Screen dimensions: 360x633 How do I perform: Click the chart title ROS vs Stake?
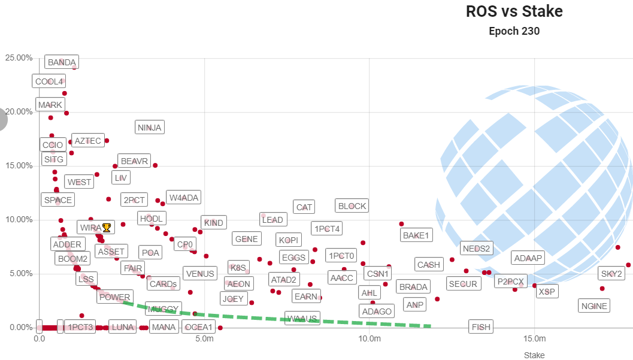point(514,11)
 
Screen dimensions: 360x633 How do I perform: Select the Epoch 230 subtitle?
point(514,31)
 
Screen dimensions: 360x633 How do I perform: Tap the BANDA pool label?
point(62,62)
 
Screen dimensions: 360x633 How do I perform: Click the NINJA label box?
point(149,127)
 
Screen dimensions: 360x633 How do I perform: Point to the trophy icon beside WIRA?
point(107,228)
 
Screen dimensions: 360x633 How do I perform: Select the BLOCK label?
point(352,206)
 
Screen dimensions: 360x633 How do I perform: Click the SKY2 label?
point(611,274)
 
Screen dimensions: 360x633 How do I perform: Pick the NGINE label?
point(594,306)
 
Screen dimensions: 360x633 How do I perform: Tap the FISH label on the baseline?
point(481,327)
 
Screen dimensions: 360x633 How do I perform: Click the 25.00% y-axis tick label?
point(19,58)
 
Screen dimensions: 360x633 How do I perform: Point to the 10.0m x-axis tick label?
point(369,338)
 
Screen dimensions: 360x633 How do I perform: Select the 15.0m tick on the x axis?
point(534,338)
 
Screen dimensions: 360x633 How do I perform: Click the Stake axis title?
point(534,355)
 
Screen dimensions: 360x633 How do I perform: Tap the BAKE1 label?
point(416,235)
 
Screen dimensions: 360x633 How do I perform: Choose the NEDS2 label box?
point(477,249)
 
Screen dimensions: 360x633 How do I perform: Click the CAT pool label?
point(304,207)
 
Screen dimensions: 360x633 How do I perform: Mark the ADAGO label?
point(377,311)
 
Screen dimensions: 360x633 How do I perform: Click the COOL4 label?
point(49,81)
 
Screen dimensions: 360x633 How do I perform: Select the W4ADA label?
point(183,198)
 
